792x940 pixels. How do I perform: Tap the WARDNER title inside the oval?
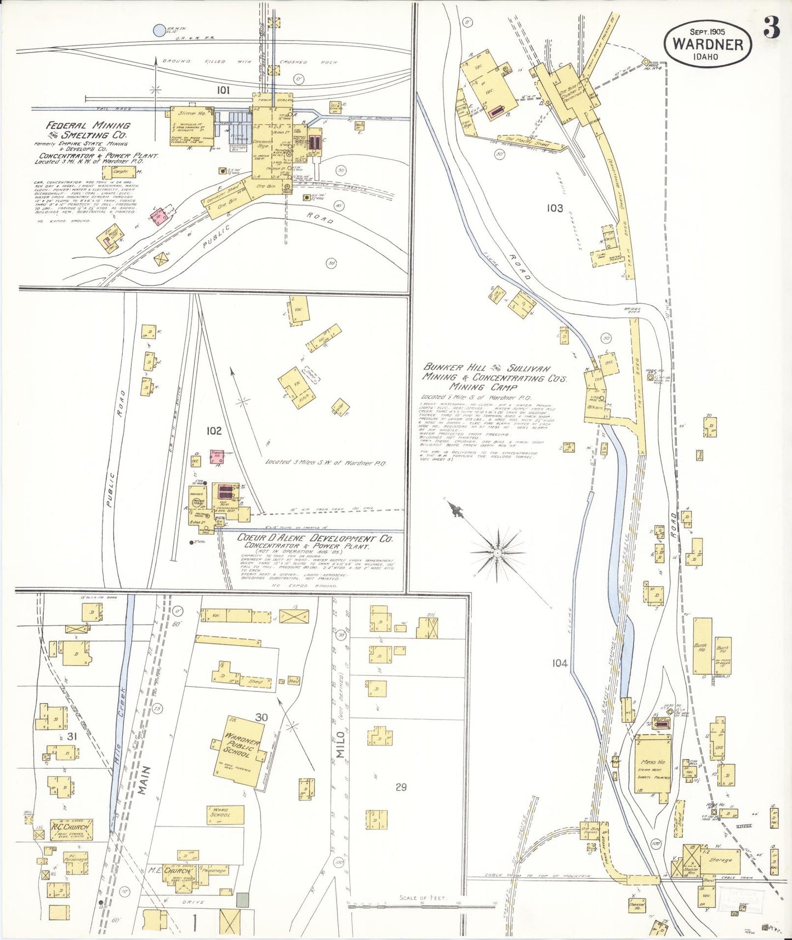point(708,44)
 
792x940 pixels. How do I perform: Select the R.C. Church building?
point(71,829)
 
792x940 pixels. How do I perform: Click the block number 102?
point(213,431)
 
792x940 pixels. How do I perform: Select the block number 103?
point(555,208)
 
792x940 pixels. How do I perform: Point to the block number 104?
point(560,663)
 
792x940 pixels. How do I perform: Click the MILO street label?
point(340,744)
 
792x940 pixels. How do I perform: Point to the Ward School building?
point(220,814)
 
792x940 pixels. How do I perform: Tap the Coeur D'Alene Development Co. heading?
point(315,539)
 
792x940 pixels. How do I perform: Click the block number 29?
point(401,787)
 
